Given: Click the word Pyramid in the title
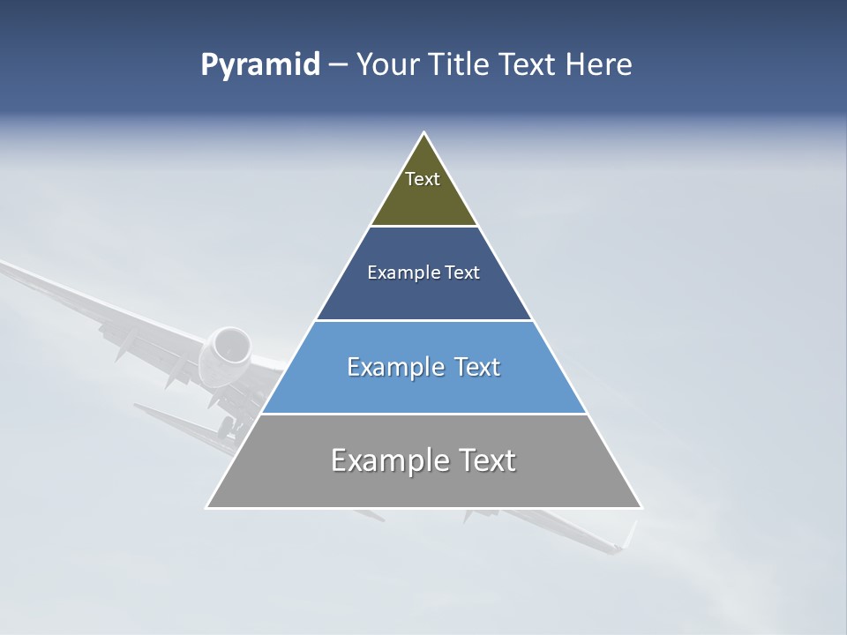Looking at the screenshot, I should [259, 65].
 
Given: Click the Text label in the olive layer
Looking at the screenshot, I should [423, 179].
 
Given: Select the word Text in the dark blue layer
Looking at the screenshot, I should [463, 273].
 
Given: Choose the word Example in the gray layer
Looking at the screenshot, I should [386, 460].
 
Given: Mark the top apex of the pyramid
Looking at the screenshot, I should [424, 133].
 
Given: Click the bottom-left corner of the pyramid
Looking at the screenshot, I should [207, 507].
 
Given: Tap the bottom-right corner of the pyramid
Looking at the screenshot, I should [641, 507].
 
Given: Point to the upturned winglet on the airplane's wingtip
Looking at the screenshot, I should [629, 534].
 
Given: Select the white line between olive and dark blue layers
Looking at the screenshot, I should [423, 227].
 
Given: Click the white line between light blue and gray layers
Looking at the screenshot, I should [423, 414].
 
